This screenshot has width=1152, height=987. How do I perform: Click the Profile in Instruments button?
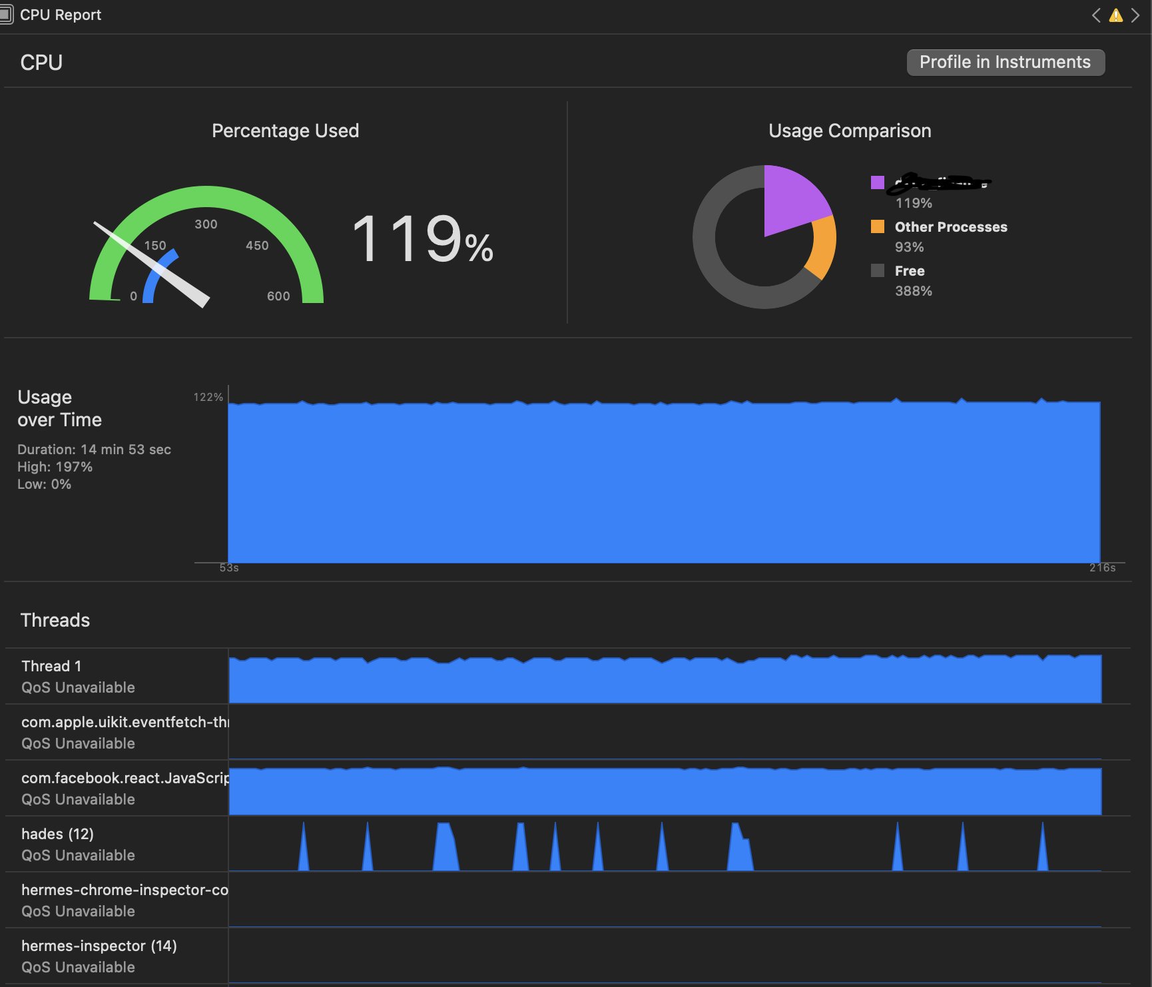click(x=1005, y=63)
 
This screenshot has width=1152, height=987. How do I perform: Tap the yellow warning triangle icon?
click(x=1115, y=15)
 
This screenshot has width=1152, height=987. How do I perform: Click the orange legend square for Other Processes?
click(x=878, y=226)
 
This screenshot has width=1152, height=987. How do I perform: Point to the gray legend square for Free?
click(x=878, y=270)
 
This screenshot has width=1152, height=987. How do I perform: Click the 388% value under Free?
click(x=913, y=291)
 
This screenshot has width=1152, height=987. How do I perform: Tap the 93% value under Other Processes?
click(x=909, y=247)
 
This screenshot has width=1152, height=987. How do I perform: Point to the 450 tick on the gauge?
click(x=257, y=246)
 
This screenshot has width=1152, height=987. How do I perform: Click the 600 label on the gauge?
click(x=278, y=296)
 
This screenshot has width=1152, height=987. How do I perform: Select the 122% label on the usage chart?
click(x=208, y=397)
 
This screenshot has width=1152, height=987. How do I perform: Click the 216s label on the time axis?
click(x=1102, y=568)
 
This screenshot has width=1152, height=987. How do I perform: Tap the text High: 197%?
click(x=55, y=467)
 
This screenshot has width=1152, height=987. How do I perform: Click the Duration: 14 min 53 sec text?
click(x=94, y=450)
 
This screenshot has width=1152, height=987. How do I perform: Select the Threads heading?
click(x=55, y=620)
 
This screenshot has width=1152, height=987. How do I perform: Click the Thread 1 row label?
click(x=51, y=666)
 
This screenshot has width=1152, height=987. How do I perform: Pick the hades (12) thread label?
click(x=57, y=834)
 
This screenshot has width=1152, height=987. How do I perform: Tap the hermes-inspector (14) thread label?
click(x=99, y=946)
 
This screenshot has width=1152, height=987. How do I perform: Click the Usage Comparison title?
click(x=850, y=131)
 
